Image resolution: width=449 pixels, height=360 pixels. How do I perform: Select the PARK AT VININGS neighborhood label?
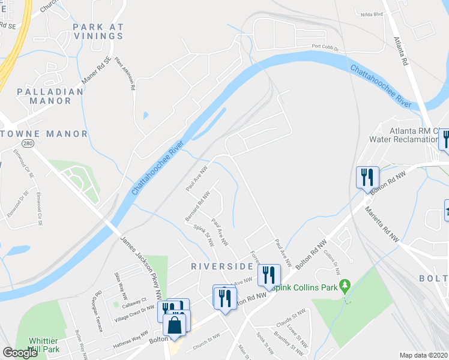tap(98, 31)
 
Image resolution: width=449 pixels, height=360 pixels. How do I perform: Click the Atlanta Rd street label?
tap(401, 51)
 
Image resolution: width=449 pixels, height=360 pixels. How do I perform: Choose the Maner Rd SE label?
tap(98, 68)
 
